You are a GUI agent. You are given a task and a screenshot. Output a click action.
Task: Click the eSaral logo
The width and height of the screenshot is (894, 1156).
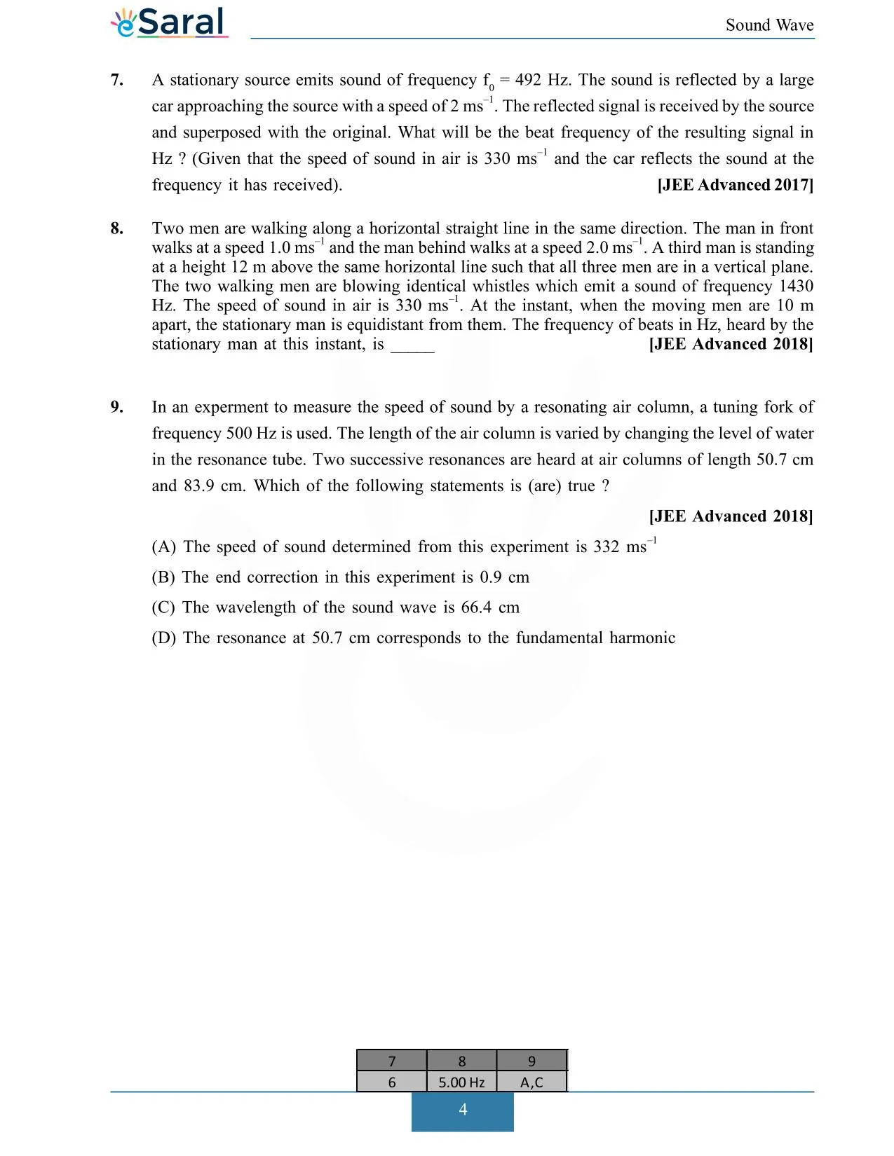pyautogui.click(x=170, y=22)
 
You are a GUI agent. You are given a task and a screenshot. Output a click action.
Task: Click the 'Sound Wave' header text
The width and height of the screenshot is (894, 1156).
pyautogui.click(x=769, y=25)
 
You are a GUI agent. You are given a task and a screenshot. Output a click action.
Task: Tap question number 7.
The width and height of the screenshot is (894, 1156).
pyautogui.click(x=117, y=80)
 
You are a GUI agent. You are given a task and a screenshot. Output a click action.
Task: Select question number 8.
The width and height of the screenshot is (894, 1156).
pyautogui.click(x=117, y=228)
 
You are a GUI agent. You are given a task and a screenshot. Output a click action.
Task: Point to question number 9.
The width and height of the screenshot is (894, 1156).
pyautogui.click(x=117, y=407)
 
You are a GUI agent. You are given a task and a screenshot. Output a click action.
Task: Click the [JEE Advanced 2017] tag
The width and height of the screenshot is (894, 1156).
pyautogui.click(x=735, y=185)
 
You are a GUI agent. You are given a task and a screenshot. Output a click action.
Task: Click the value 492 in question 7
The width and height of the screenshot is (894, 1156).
pyautogui.click(x=528, y=80)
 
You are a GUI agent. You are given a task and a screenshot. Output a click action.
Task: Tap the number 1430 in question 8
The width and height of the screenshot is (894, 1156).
pyautogui.click(x=796, y=286)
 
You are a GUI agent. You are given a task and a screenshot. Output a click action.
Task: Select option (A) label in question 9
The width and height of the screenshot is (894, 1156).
pyautogui.click(x=163, y=547)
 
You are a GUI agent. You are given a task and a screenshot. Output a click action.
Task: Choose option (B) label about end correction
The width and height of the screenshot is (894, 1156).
pyautogui.click(x=163, y=577)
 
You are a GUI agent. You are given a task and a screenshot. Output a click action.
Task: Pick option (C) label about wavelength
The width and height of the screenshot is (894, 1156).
pyautogui.click(x=163, y=607)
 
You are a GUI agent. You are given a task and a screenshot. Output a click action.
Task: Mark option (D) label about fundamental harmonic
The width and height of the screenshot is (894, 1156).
pyautogui.click(x=163, y=638)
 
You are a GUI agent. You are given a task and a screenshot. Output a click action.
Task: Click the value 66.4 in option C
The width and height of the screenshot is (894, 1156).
pyautogui.click(x=476, y=607)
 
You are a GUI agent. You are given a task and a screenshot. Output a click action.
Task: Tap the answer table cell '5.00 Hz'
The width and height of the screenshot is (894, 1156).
pyautogui.click(x=461, y=1082)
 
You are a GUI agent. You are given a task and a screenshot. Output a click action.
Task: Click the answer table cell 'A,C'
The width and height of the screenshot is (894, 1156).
pyautogui.click(x=531, y=1082)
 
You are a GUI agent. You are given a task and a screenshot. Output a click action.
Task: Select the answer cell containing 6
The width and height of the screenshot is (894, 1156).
pyautogui.click(x=392, y=1082)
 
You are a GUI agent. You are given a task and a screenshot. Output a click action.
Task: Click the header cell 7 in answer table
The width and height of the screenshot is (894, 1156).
pyautogui.click(x=392, y=1061)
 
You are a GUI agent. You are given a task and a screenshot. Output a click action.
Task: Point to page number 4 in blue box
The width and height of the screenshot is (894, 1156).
pyautogui.click(x=463, y=1110)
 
